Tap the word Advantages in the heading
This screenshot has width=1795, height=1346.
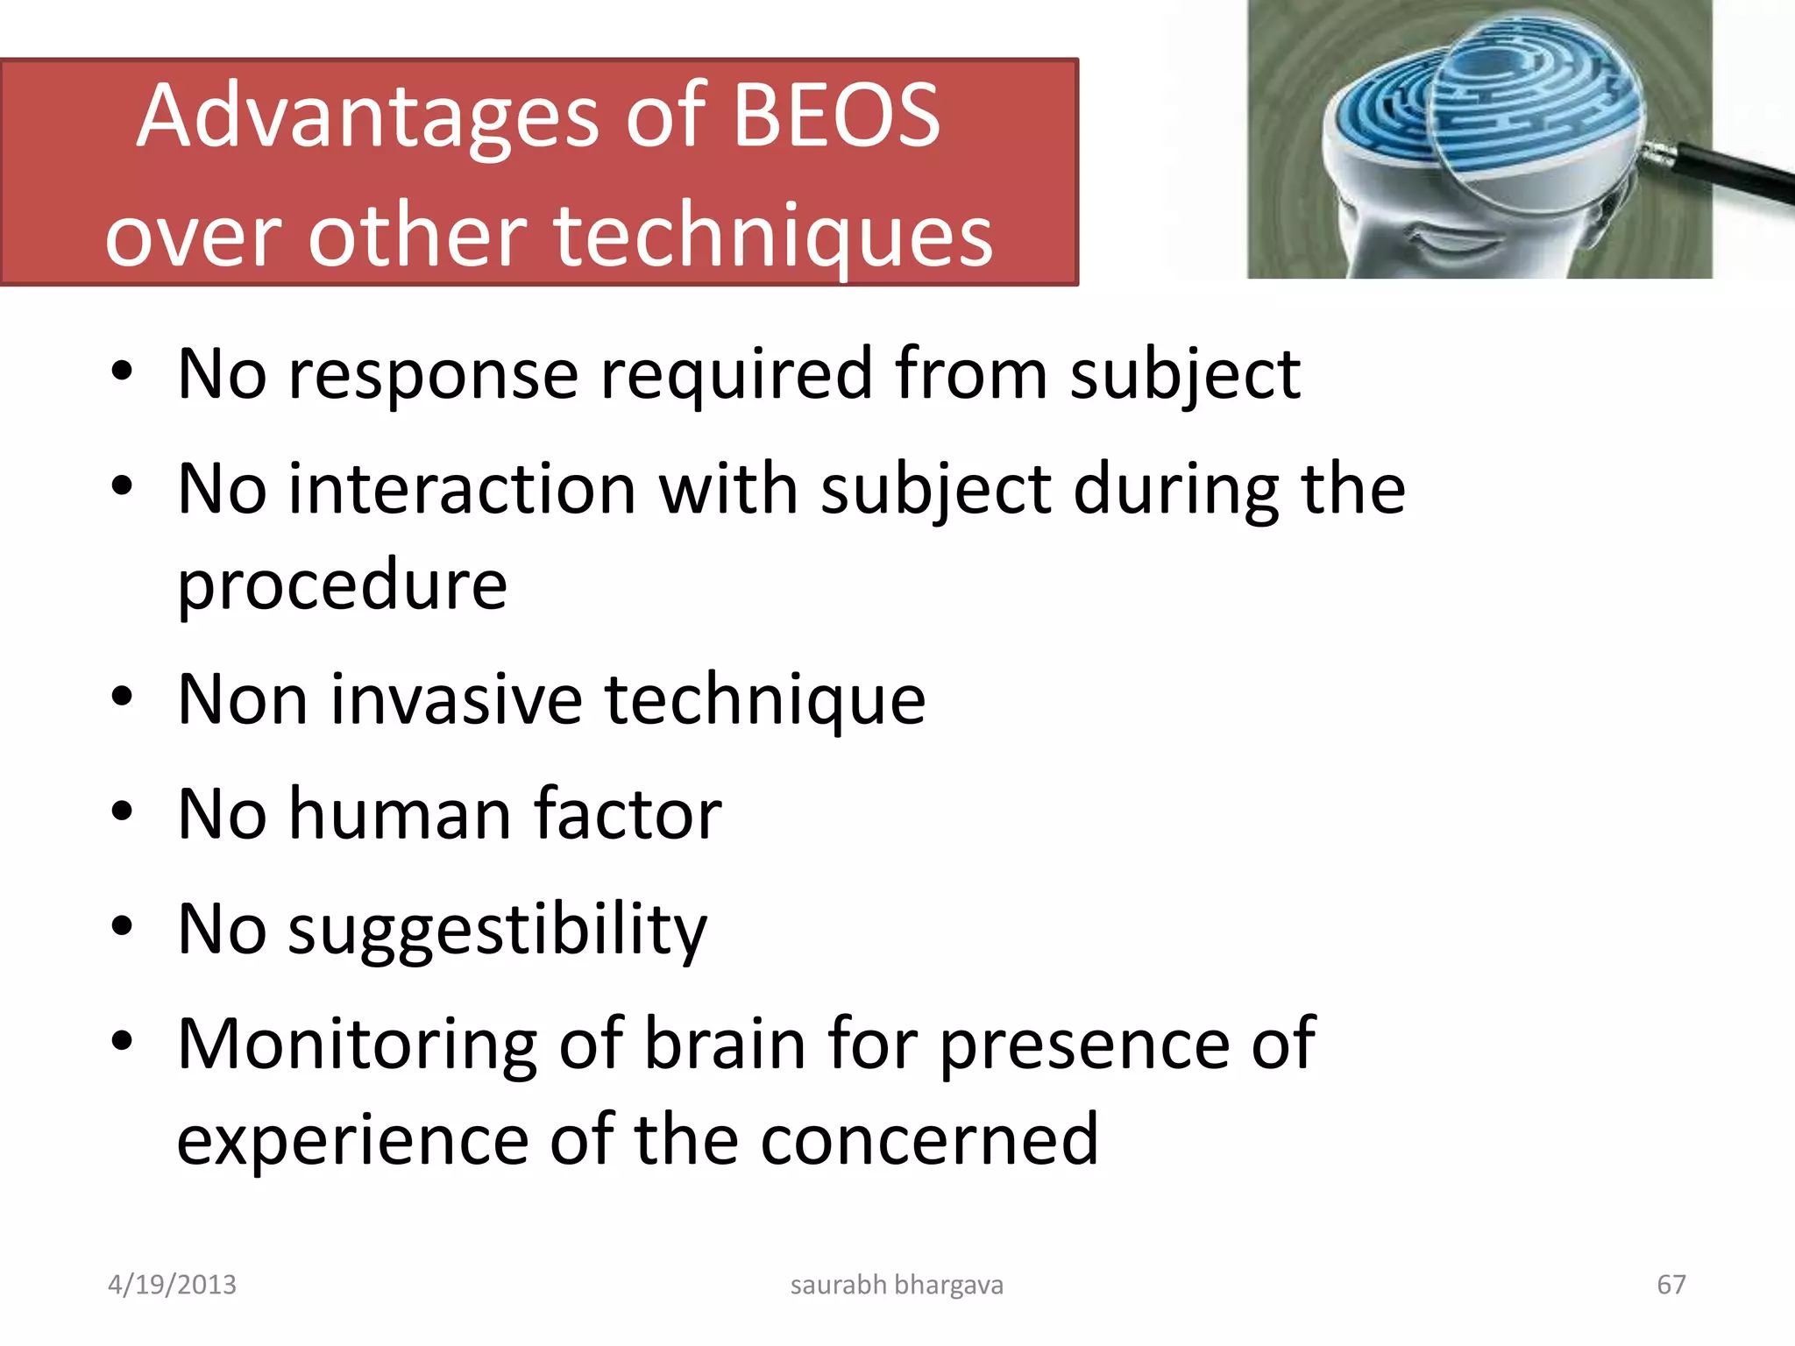[x=369, y=117]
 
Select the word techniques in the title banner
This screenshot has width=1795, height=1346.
[x=773, y=237]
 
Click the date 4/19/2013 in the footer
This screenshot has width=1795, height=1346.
[x=172, y=1285]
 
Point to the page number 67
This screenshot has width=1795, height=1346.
[x=1671, y=1285]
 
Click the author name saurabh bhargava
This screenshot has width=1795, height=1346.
[x=897, y=1285]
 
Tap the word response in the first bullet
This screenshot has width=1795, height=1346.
[x=434, y=375]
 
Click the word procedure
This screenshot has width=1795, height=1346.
[x=342, y=585]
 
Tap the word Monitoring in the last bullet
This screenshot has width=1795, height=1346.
[x=357, y=1045]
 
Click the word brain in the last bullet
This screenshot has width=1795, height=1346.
[x=725, y=1045]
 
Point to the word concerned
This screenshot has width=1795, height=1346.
[x=929, y=1140]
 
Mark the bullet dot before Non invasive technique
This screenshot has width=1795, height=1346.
[x=122, y=698]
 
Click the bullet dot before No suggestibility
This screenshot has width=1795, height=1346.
[x=122, y=927]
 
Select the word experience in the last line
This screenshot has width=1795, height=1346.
[x=352, y=1140]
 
